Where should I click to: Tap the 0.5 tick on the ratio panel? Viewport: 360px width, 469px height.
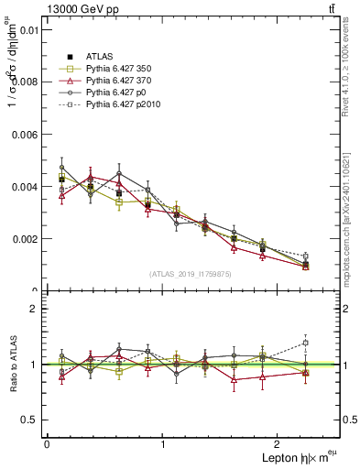tap(33, 420)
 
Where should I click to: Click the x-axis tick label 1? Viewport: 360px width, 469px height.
tap(163, 444)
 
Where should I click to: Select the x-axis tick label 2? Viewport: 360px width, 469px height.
tap(278, 444)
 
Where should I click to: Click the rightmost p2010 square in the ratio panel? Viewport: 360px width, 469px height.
tap(305, 343)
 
